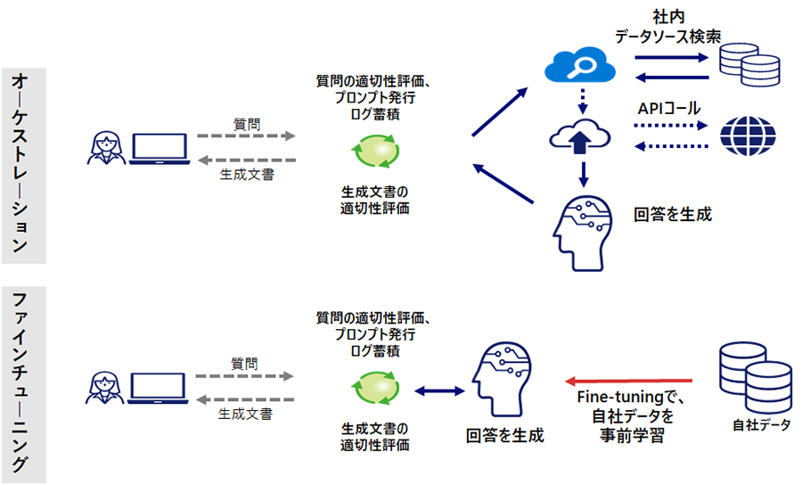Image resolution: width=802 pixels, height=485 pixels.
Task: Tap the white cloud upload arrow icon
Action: coord(580,136)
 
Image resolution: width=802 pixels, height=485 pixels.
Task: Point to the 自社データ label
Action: coord(760,425)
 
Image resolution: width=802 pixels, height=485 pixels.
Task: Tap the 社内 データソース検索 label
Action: coord(667,26)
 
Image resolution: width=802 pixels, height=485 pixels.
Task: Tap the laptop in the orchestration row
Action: coord(160,149)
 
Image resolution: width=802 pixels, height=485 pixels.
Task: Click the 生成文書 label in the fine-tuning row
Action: coord(246,415)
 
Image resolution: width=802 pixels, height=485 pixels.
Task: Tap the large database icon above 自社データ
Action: coord(754,379)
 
